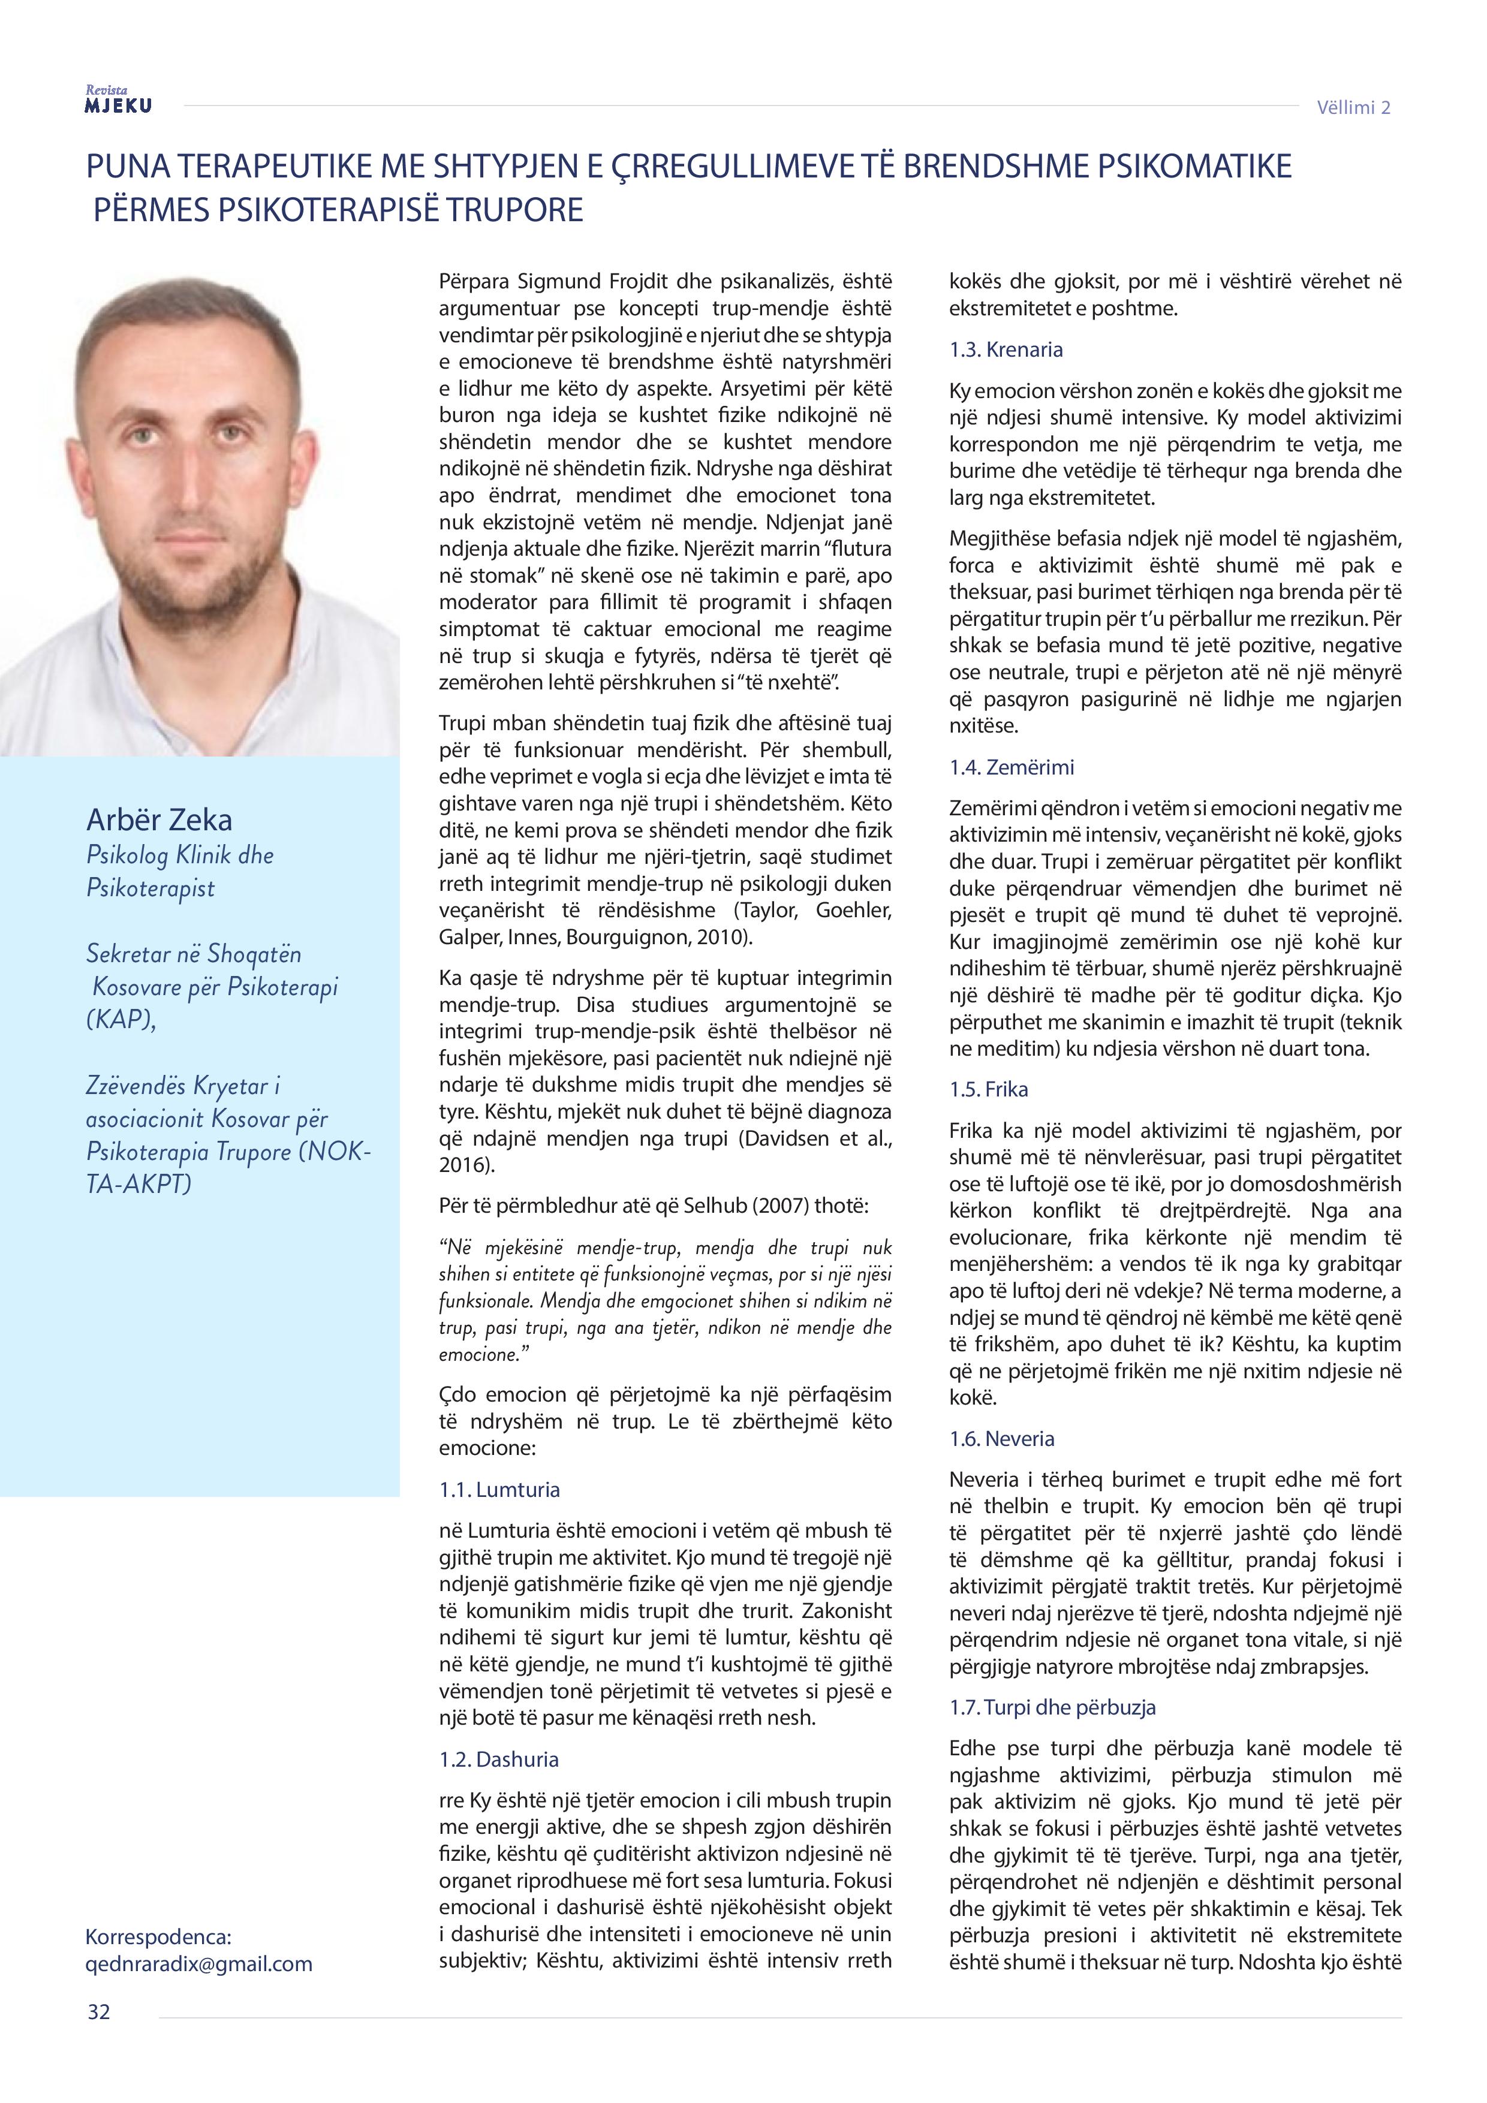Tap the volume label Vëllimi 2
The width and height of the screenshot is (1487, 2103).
tap(1353, 108)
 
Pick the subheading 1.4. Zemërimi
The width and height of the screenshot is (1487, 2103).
tap(1012, 767)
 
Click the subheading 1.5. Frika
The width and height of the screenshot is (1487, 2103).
tap(989, 1089)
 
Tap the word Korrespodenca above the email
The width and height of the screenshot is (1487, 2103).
tap(158, 1937)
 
